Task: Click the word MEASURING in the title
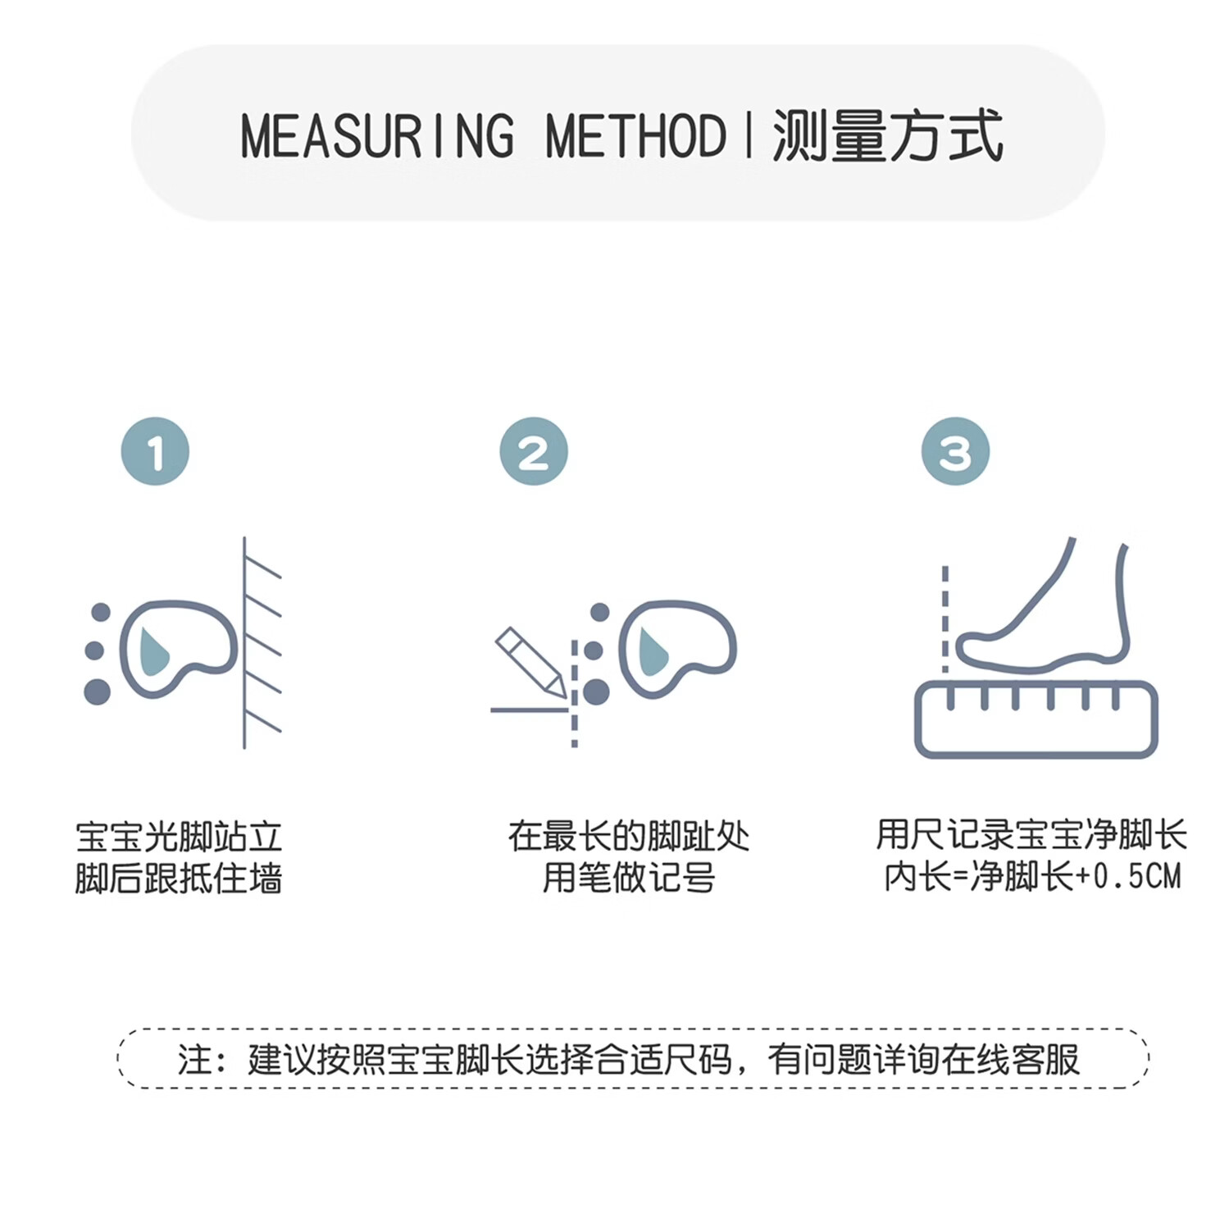pyautogui.click(x=377, y=136)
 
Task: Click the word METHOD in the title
pyautogui.click(x=635, y=136)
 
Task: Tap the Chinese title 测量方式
pyautogui.click(x=888, y=136)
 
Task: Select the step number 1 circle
pyautogui.click(x=155, y=451)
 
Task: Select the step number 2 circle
pyautogui.click(x=534, y=451)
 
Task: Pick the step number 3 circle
pyautogui.click(x=955, y=451)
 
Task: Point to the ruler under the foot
pyautogui.click(x=1036, y=720)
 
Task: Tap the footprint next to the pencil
pyautogui.click(x=676, y=648)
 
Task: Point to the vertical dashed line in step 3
pyautogui.click(x=945, y=619)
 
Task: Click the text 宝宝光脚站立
pyautogui.click(x=179, y=837)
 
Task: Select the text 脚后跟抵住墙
pyautogui.click(x=179, y=878)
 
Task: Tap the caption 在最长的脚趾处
pyautogui.click(x=628, y=837)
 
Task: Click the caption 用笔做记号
pyautogui.click(x=628, y=878)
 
